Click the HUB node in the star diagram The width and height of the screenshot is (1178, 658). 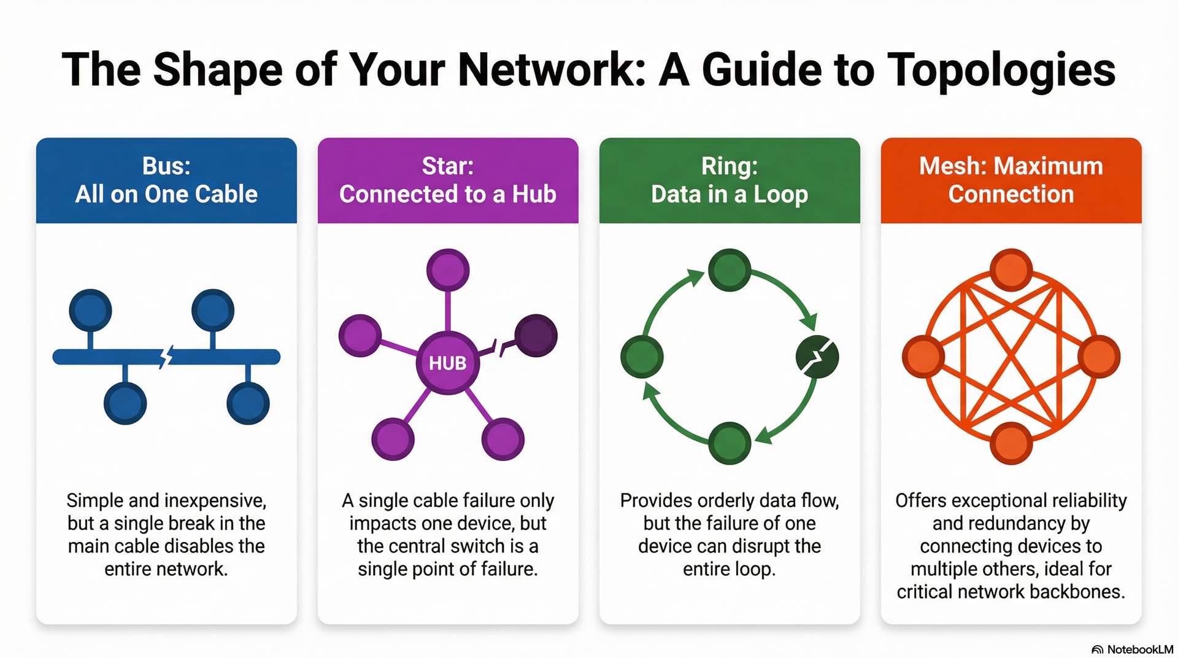point(447,363)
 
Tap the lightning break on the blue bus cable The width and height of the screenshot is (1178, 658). point(166,356)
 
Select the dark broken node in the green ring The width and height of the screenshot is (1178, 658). point(817,357)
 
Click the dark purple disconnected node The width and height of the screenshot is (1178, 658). point(536,336)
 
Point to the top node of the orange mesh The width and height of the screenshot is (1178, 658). point(1011,270)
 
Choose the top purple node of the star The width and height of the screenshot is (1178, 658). point(448,270)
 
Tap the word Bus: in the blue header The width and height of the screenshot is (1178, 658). point(166,166)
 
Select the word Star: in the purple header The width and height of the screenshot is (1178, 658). point(447,166)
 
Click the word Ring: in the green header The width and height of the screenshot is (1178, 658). point(729,166)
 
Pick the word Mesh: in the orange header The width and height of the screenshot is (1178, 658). point(952,166)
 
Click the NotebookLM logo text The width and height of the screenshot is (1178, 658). point(1139,649)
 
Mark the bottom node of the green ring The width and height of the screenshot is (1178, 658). point(730,443)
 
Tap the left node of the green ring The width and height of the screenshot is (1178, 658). point(642,357)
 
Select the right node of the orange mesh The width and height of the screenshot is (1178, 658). point(1099,357)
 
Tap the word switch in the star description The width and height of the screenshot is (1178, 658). point(479,546)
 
